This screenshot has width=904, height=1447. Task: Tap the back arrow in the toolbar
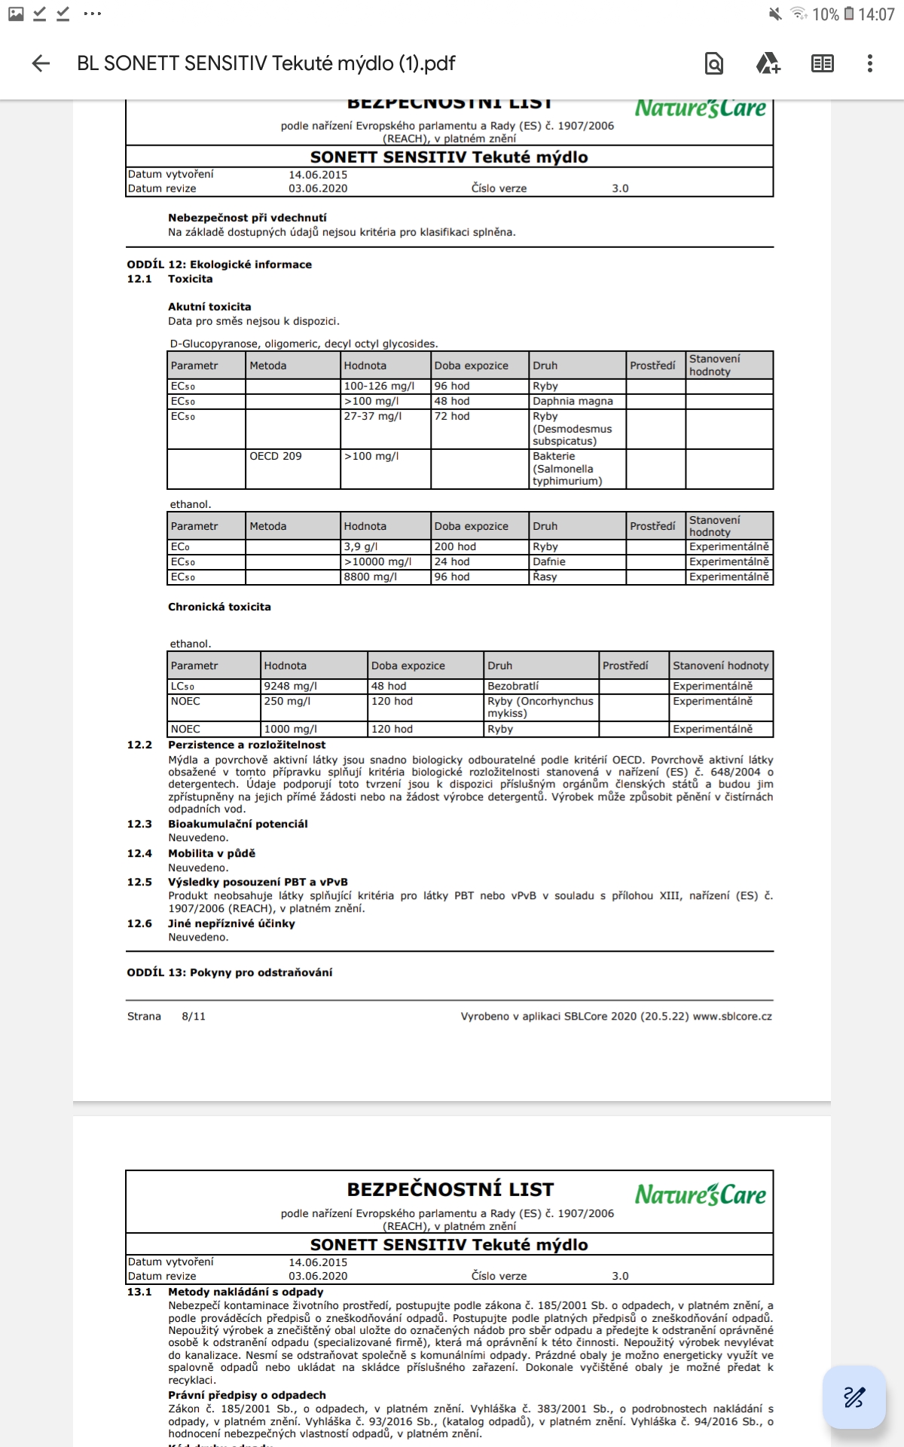pyautogui.click(x=41, y=63)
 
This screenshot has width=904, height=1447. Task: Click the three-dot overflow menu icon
pyautogui.click(x=869, y=63)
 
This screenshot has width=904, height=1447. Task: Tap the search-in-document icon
pyautogui.click(x=713, y=63)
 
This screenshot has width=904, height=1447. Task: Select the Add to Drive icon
pyautogui.click(x=768, y=63)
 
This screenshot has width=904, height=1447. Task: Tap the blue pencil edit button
pyautogui.click(x=854, y=1397)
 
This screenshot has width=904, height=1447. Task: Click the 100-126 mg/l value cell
pyautogui.click(x=379, y=386)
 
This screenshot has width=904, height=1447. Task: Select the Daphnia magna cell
pyautogui.click(x=573, y=401)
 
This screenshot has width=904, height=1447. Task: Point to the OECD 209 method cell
pyautogui.click(x=276, y=456)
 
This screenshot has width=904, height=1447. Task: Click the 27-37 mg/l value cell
pyautogui.click(x=373, y=416)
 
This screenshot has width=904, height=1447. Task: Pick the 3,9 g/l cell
pyautogui.click(x=361, y=546)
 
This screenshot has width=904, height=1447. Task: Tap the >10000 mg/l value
pyautogui.click(x=378, y=561)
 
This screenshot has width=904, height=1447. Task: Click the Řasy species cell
pyautogui.click(x=545, y=577)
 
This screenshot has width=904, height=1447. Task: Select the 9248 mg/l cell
pyautogui.click(x=290, y=686)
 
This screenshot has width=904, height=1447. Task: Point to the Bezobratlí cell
pyautogui.click(x=513, y=686)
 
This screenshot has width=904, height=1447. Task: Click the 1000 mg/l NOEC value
pyautogui.click(x=290, y=729)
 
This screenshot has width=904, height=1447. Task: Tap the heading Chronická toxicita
pyautogui.click(x=219, y=607)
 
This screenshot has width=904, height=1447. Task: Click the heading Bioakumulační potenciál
pyautogui.click(x=237, y=824)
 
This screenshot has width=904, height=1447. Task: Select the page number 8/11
pyautogui.click(x=194, y=1016)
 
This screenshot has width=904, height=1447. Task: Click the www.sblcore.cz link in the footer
pyautogui.click(x=732, y=1016)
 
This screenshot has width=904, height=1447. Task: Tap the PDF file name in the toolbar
pyautogui.click(x=266, y=63)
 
